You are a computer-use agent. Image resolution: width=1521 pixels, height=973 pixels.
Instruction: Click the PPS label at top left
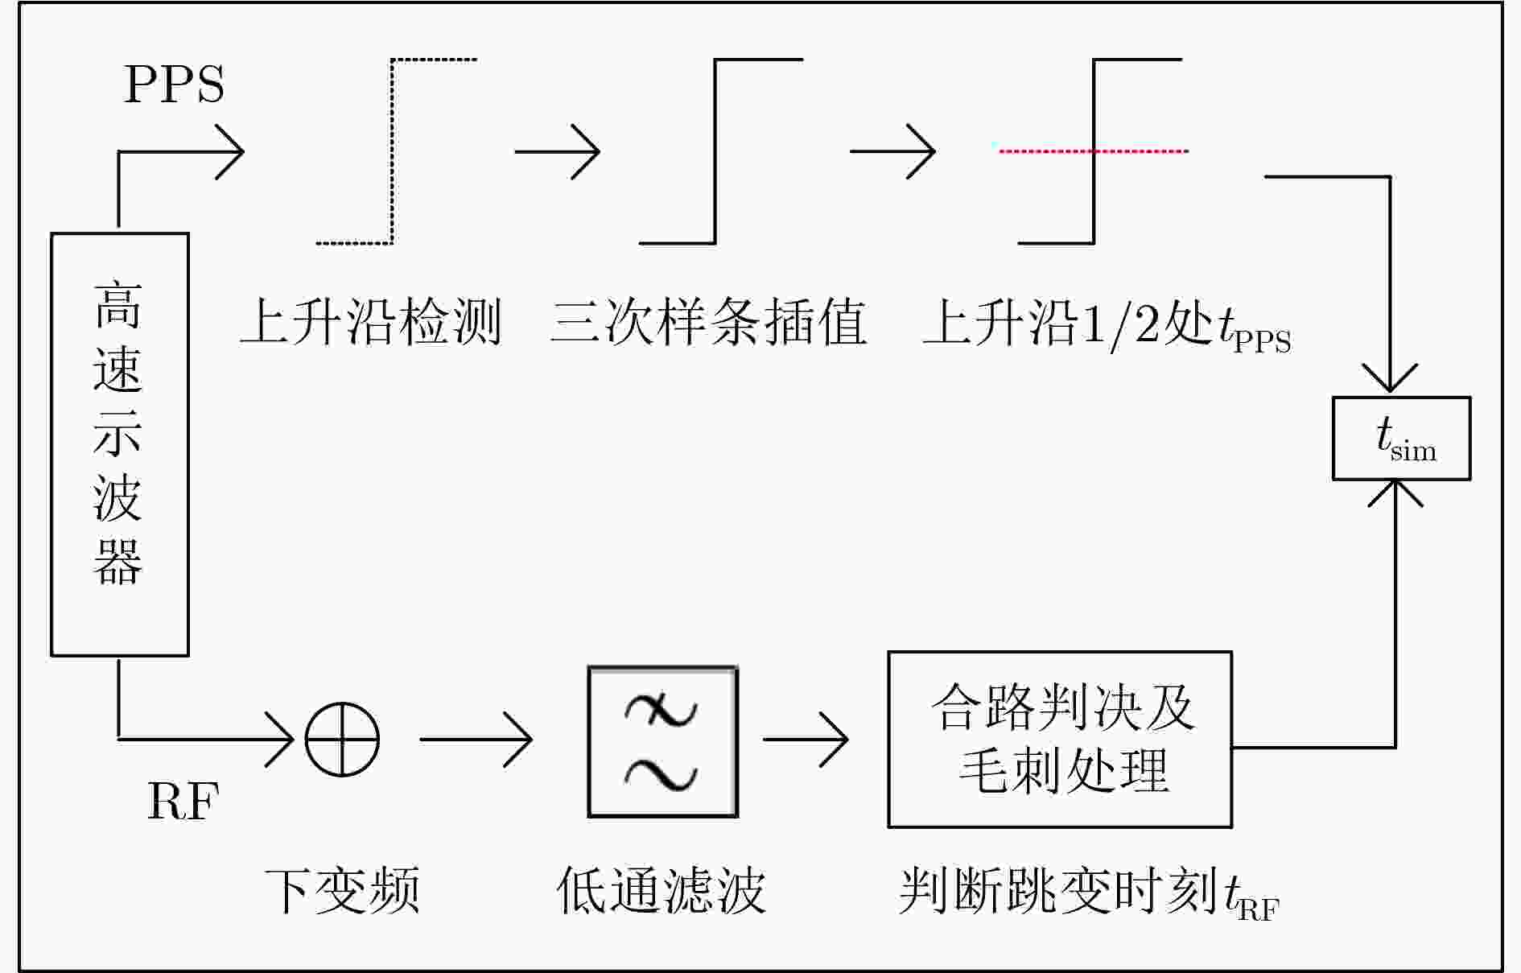[x=174, y=84]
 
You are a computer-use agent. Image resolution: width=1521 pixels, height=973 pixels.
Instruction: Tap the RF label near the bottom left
[x=183, y=801]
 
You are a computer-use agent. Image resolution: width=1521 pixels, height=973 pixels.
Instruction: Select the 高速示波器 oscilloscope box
[x=120, y=444]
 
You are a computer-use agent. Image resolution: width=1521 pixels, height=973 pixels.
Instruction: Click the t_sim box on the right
[x=1401, y=439]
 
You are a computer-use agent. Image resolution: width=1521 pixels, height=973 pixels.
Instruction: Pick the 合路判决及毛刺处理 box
[x=1060, y=739]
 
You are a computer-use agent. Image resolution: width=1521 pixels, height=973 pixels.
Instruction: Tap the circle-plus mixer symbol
[x=342, y=739]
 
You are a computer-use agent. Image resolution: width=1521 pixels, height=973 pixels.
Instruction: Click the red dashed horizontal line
[x=1093, y=150]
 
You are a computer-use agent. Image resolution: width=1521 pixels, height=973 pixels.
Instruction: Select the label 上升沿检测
[x=371, y=323]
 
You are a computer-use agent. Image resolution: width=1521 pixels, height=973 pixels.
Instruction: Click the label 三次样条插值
[x=708, y=323]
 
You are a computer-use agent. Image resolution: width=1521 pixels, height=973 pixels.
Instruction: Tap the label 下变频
[x=343, y=890]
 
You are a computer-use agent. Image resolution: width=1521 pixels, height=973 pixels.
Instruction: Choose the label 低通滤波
[x=661, y=890]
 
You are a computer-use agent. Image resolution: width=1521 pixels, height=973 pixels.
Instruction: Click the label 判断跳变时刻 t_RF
[x=1088, y=892]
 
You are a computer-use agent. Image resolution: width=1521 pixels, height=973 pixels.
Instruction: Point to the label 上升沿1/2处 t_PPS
[x=1107, y=324]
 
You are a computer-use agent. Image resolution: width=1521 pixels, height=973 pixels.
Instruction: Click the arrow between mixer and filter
[x=476, y=739]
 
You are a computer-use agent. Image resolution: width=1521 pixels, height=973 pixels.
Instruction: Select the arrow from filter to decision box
[x=806, y=739]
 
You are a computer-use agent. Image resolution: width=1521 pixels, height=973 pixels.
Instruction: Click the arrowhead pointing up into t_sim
[x=1395, y=493]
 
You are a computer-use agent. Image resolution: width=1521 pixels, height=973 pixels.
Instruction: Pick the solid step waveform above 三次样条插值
[x=715, y=150]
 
